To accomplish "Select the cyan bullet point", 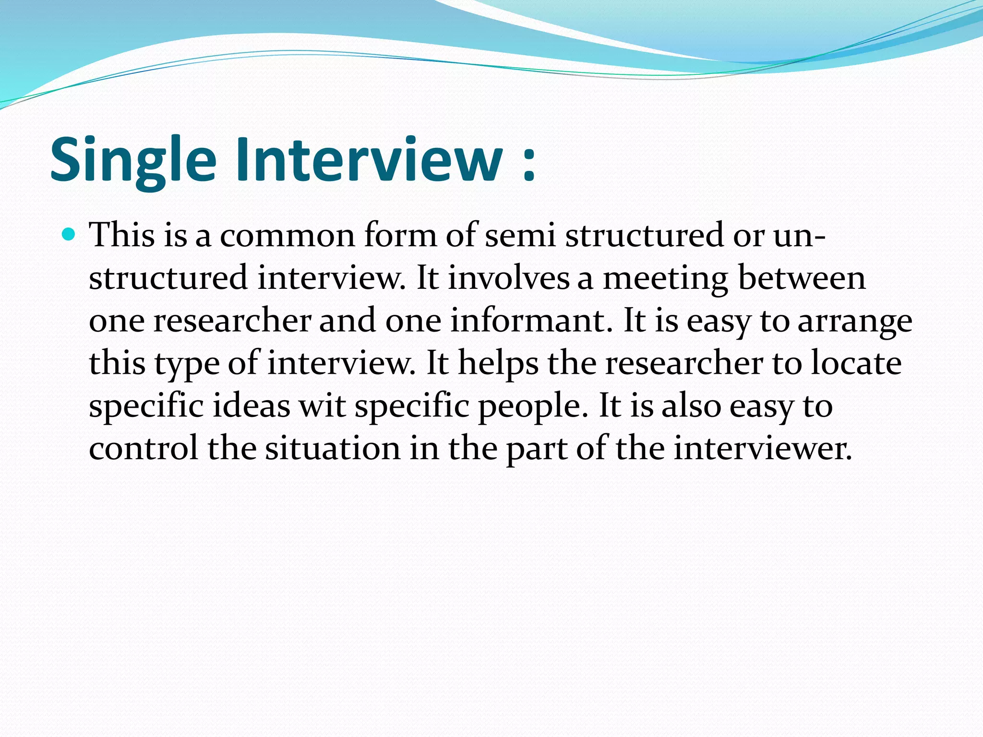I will (x=69, y=235).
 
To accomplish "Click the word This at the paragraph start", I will (x=122, y=235).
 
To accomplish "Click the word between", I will (x=802, y=278).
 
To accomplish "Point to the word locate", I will (x=856, y=363).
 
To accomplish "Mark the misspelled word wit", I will (x=322, y=406).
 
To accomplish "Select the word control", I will (x=144, y=448).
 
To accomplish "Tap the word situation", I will (x=333, y=448).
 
